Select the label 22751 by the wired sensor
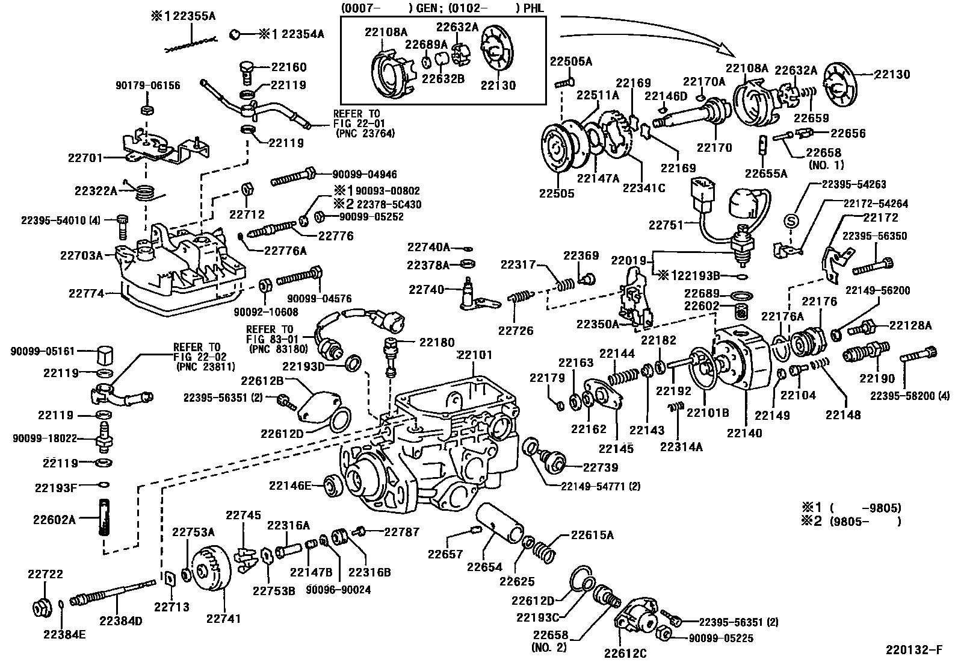tap(666, 225)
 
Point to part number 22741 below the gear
tap(223, 619)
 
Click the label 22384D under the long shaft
tap(121, 620)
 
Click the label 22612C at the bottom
tap(626, 652)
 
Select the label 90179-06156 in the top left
tap(147, 86)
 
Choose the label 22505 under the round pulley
tap(556, 193)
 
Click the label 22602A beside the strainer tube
tap(54, 519)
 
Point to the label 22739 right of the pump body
tap(600, 467)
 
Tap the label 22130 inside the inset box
tap(498, 85)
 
